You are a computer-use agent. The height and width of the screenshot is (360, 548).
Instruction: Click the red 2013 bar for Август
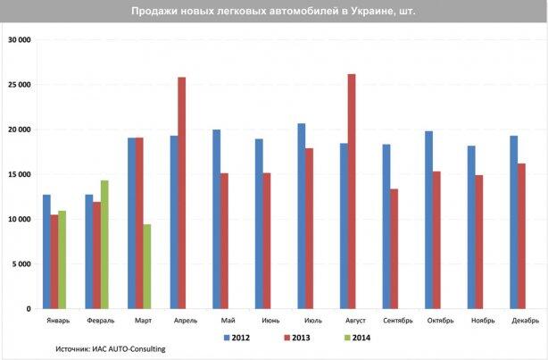pyautogui.click(x=352, y=191)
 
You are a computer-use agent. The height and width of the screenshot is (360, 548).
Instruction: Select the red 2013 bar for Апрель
pyautogui.click(x=182, y=193)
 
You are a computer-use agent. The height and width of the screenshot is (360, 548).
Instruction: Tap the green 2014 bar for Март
pyautogui.click(x=147, y=266)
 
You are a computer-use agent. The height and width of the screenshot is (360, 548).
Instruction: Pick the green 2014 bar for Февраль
pyautogui.click(x=104, y=245)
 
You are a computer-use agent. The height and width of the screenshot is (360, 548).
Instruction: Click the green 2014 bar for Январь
pyautogui.click(x=62, y=260)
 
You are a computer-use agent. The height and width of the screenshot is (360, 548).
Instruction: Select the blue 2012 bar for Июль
pyautogui.click(x=302, y=216)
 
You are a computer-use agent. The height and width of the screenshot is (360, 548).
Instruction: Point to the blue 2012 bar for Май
pyautogui.click(x=217, y=219)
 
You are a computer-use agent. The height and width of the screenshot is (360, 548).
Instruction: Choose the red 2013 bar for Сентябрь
pyautogui.click(x=394, y=248)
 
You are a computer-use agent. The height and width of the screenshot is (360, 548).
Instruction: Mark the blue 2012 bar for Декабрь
pyautogui.click(x=514, y=222)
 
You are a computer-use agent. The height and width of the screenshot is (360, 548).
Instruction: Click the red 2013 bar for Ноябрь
pyautogui.click(x=478, y=242)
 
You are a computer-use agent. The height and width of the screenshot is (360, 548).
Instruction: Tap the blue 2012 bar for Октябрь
pyautogui.click(x=428, y=220)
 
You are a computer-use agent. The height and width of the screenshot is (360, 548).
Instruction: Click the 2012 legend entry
pyautogui.click(x=237, y=338)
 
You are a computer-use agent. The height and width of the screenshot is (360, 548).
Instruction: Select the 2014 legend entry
pyautogui.click(x=357, y=338)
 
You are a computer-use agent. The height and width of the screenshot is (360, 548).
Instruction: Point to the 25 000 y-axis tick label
pyautogui.click(x=20, y=85)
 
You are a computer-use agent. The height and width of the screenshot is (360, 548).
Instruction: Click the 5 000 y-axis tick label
pyautogui.click(x=21, y=264)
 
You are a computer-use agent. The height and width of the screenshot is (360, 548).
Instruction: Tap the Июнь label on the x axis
pyautogui.click(x=270, y=321)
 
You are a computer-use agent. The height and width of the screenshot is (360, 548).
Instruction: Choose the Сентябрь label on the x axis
pyautogui.click(x=398, y=321)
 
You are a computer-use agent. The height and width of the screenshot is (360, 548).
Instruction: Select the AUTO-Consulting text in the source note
pyautogui.click(x=137, y=348)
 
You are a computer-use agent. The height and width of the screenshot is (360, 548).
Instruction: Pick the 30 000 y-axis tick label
pyautogui.click(x=20, y=40)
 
